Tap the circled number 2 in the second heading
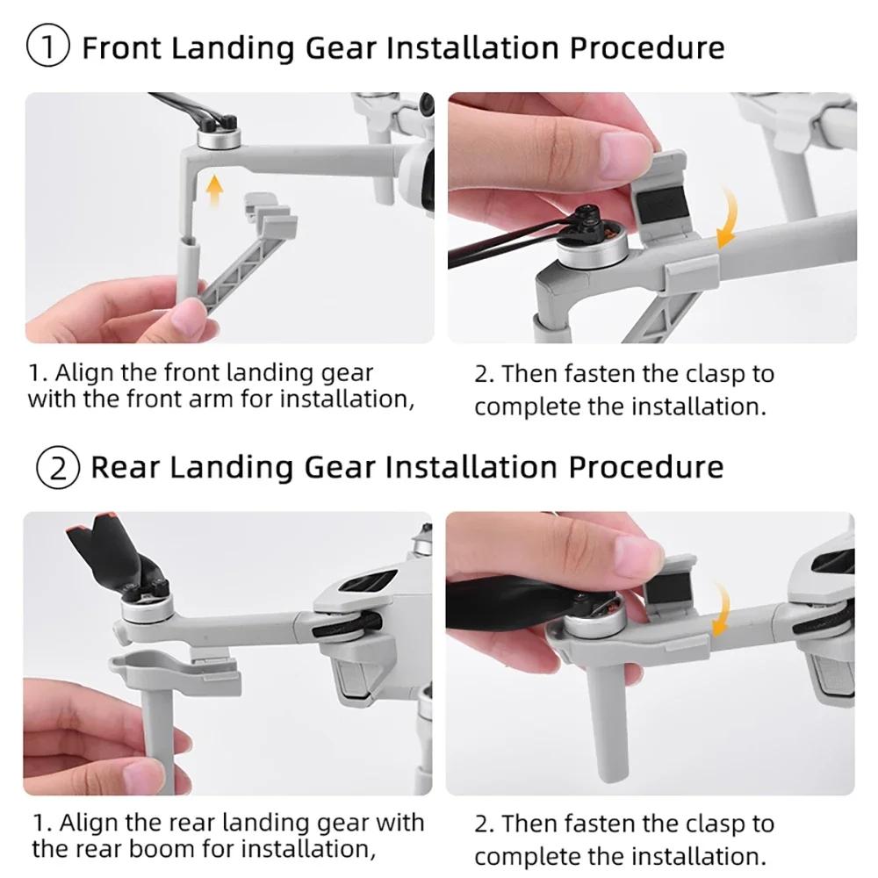[57, 465]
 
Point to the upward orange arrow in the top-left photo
[212, 189]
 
